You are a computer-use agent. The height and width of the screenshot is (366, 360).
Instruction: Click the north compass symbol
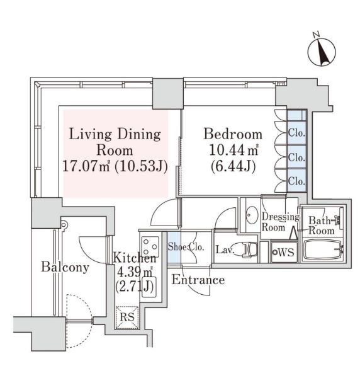coord(322,52)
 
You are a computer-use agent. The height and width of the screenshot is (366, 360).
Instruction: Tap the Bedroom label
coord(233,134)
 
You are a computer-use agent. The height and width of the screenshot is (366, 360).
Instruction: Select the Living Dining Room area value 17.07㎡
coord(86,166)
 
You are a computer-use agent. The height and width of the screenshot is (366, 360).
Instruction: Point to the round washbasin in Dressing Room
coord(252,215)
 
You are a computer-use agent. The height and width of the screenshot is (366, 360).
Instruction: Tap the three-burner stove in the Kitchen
coord(150,247)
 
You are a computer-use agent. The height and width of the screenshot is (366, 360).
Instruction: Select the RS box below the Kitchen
coord(127,317)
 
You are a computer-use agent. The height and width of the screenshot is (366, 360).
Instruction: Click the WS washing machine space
coord(284,253)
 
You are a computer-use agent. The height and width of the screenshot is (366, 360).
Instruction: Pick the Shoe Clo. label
coord(186,247)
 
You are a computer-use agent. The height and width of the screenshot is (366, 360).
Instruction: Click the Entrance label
coord(198,280)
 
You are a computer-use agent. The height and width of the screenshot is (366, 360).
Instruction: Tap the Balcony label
coord(65,267)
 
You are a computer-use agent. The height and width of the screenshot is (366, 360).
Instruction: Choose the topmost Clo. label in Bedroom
coord(296,133)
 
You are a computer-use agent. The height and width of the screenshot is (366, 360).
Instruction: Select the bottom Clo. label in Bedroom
coord(296,181)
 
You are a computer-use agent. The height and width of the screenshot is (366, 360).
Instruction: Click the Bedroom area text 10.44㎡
coord(233,151)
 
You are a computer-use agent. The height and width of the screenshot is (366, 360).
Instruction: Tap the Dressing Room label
coord(281,222)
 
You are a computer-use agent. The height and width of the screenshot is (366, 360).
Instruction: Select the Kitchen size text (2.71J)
coord(135,287)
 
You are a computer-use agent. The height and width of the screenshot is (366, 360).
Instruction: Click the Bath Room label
coord(322,226)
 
